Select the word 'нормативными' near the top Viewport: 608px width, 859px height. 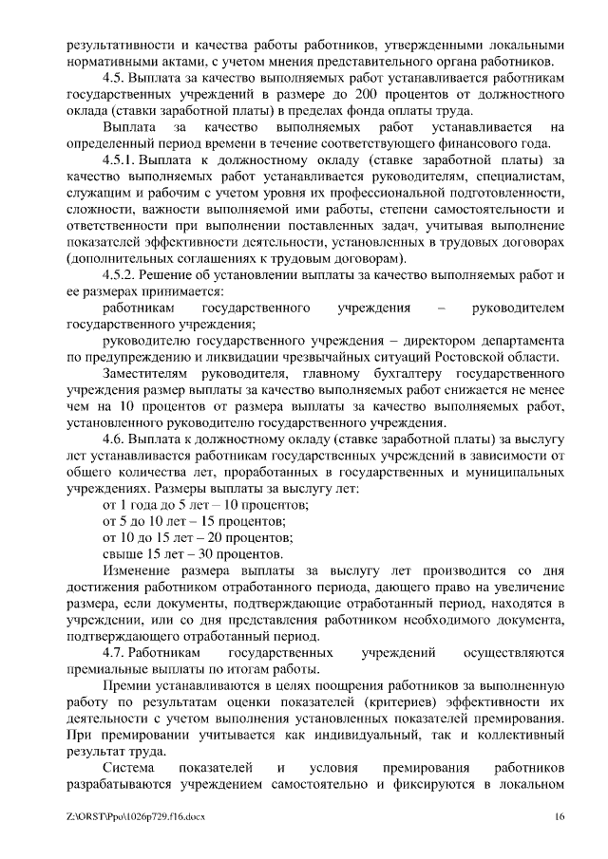tap(108, 62)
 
